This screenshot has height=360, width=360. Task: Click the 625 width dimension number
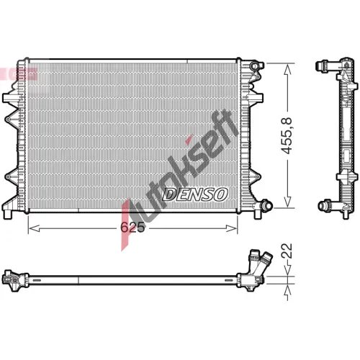[x=132, y=227]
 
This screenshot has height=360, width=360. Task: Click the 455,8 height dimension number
[x=287, y=135]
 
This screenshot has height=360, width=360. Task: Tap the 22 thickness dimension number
[x=287, y=251]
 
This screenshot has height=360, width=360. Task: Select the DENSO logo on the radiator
[x=195, y=194]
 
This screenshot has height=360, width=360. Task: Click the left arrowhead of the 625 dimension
[x=34, y=228]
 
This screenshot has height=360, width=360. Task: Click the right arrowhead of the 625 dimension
[x=232, y=228]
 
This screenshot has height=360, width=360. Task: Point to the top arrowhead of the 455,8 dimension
[x=287, y=69]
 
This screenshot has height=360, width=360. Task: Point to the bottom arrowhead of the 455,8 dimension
[x=287, y=202]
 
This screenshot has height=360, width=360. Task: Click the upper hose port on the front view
[x=256, y=66]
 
